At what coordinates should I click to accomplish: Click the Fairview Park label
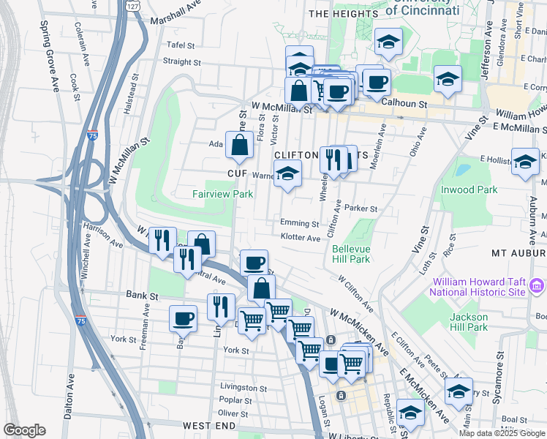coord(222,194)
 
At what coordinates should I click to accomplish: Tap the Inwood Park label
coord(469,190)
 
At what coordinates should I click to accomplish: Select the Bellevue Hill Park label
coord(349,254)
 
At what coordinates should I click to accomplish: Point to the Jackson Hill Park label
coord(469,322)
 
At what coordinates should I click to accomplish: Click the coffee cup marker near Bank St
coord(183,319)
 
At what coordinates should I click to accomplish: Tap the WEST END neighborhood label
coord(209,426)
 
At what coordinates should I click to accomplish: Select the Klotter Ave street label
coord(301,238)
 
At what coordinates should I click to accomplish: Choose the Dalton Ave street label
coord(69,395)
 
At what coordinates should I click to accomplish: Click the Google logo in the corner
coord(24,430)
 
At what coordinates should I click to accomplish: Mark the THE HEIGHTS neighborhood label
coord(336,14)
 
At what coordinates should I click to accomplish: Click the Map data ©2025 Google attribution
coord(502,433)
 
